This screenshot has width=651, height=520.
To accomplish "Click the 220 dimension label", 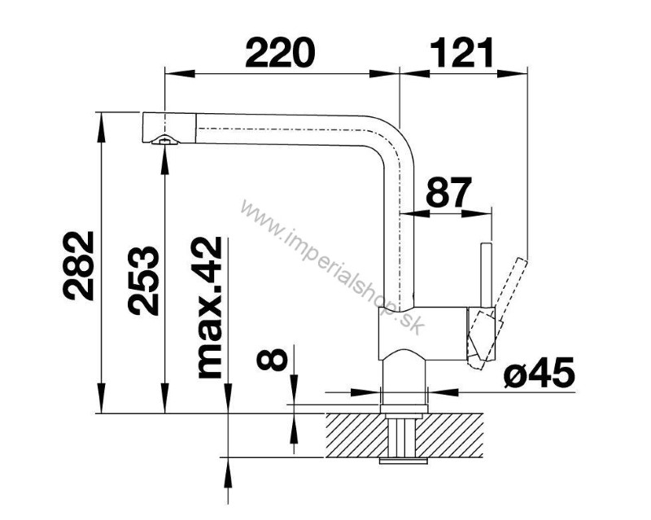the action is [x=280, y=52].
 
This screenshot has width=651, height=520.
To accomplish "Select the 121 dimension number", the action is [x=461, y=52].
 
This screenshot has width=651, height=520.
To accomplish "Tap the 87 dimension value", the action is [x=449, y=192].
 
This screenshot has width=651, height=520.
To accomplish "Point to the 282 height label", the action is [x=79, y=265].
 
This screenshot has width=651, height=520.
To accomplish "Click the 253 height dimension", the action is [x=143, y=280].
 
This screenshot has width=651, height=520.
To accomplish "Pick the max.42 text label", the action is [x=210, y=308].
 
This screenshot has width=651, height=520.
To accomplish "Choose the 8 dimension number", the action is [x=272, y=359].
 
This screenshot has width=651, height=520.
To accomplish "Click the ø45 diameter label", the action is [x=540, y=372].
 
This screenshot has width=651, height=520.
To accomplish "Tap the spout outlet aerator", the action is [x=165, y=141].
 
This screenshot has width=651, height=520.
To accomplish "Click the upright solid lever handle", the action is [x=486, y=274].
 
